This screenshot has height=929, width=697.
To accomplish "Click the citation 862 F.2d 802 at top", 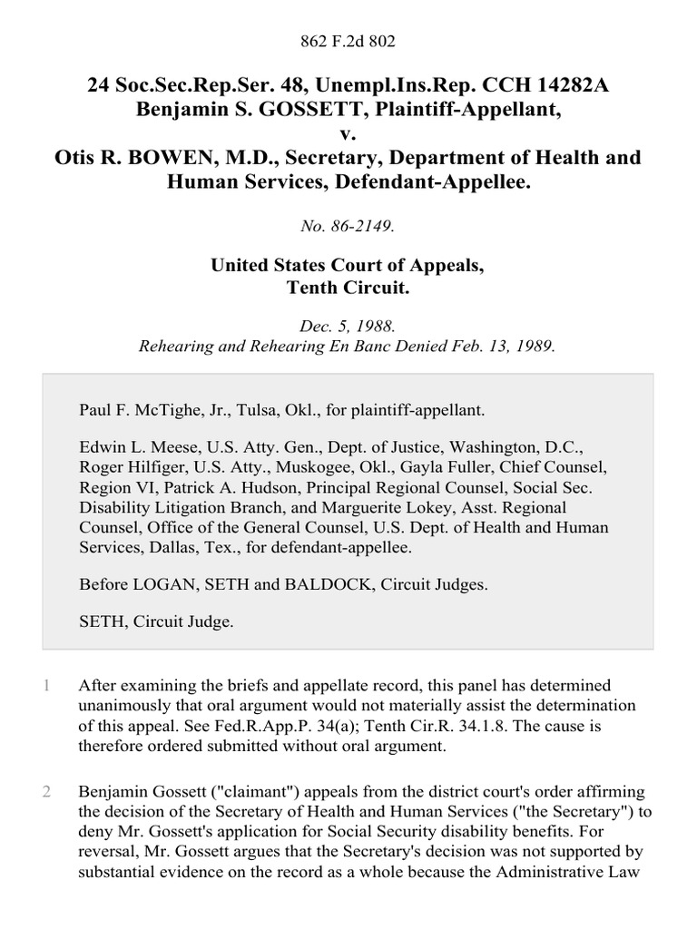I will (348, 41).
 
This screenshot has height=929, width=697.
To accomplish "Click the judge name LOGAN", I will (163, 585).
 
